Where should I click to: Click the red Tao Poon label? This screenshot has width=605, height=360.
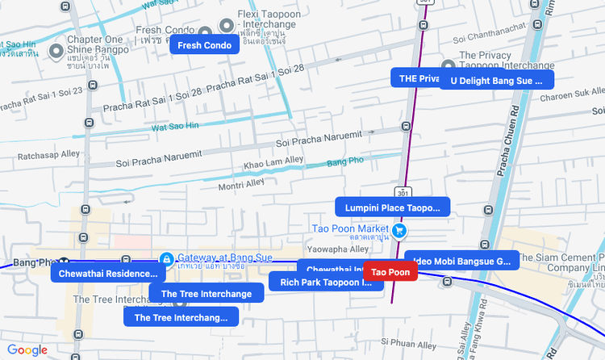pos(390,272)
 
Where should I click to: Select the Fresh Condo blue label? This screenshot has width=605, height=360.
pos(204,45)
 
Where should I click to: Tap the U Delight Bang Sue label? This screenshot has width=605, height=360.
pos(497,80)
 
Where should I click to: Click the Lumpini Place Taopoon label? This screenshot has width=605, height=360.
pos(392,207)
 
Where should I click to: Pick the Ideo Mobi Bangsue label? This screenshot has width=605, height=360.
pos(462,261)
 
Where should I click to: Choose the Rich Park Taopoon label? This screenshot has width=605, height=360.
pos(320,282)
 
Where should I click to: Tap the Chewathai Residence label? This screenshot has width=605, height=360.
pos(104,274)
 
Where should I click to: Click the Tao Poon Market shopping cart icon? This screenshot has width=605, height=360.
pos(398,232)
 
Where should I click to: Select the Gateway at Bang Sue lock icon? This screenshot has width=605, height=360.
pos(166,259)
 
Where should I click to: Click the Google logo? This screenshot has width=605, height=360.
pos(27,350)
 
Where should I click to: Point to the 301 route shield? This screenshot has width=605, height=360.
pos(403,192)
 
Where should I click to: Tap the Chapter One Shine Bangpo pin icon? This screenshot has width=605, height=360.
pos(56,52)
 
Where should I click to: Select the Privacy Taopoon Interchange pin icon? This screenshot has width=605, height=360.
pos(449,66)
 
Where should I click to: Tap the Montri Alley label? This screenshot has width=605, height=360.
pos(242,184)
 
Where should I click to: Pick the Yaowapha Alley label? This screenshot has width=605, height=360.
pos(338,249)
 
